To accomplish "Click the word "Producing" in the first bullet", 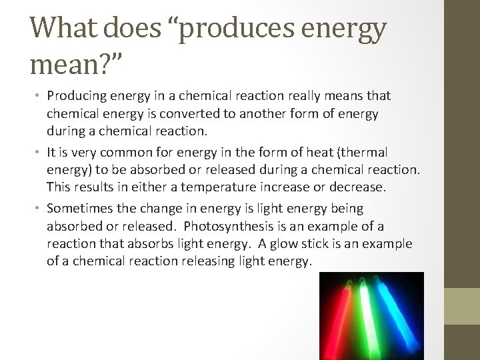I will click(x=76, y=97).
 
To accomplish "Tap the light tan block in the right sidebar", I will click(x=462, y=306).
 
